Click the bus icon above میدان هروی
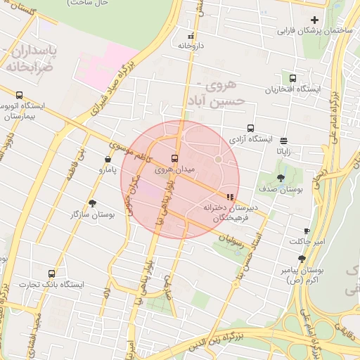[x=174, y=158]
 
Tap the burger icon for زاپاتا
[x=284, y=140]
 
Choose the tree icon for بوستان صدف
[x=281, y=179]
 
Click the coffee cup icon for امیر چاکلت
[x=307, y=231]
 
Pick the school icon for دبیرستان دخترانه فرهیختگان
[x=229, y=198]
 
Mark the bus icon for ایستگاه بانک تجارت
[x=51, y=274]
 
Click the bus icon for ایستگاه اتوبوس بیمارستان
[x=19, y=96]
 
